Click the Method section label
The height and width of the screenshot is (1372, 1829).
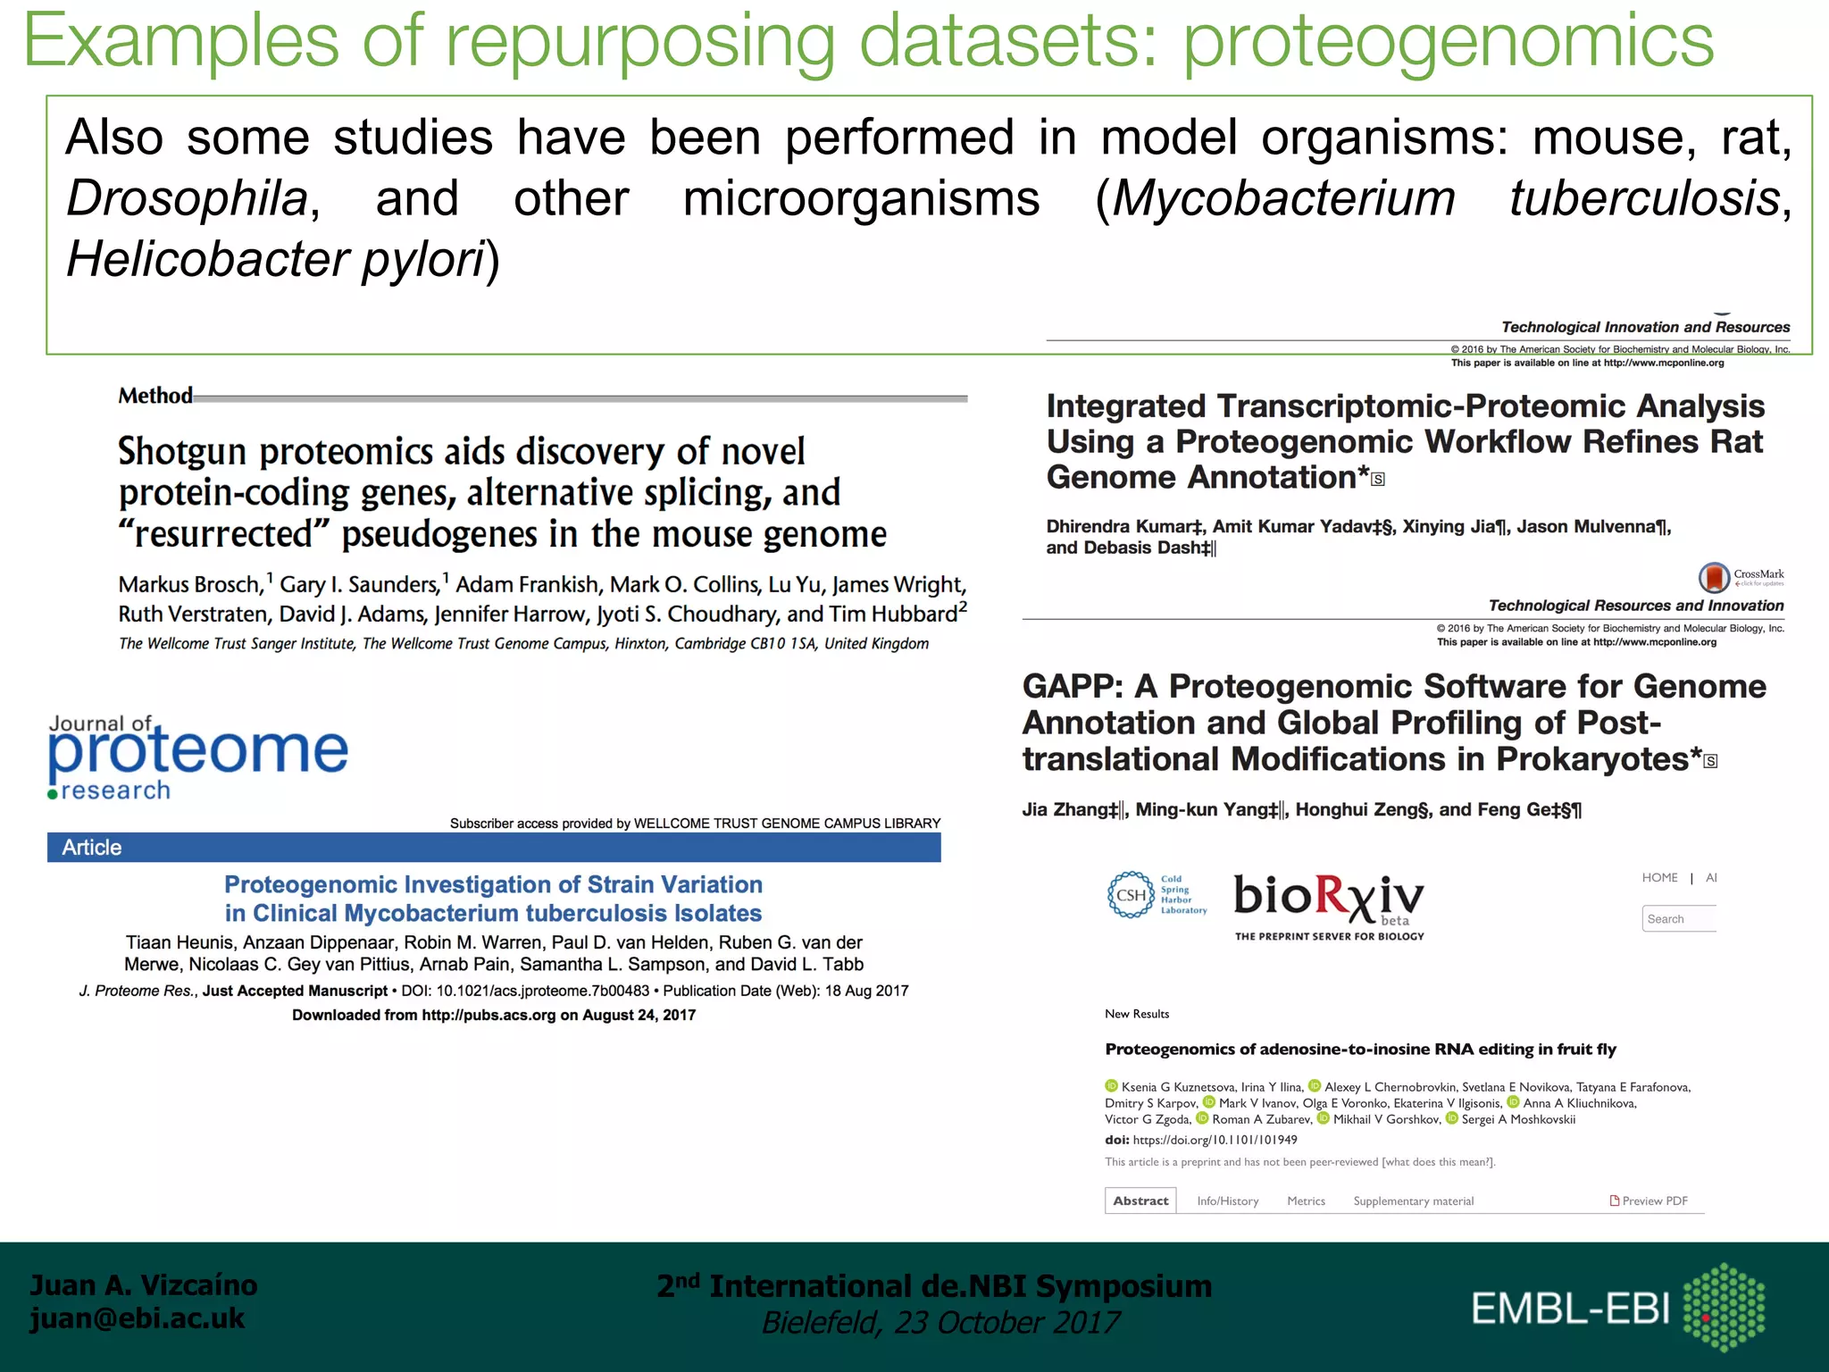click(x=155, y=396)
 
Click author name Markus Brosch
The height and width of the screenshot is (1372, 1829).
click(x=189, y=585)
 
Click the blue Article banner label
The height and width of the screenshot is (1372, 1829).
click(x=92, y=848)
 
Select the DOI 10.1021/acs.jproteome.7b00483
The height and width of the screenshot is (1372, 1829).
click(x=542, y=991)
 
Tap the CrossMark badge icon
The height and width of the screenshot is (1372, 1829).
click(x=1714, y=577)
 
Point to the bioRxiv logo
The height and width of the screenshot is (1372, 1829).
click(x=1328, y=900)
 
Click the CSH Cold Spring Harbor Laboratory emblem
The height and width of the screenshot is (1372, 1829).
click(x=1131, y=895)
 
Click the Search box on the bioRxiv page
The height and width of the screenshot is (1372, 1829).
click(x=1678, y=919)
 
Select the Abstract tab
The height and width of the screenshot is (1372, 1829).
click(x=1140, y=1200)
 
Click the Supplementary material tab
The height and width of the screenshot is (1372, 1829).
click(x=1413, y=1200)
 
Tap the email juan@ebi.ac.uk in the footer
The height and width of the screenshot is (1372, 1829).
click(x=137, y=1318)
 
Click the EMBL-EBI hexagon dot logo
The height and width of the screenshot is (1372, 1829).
click(x=1724, y=1307)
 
